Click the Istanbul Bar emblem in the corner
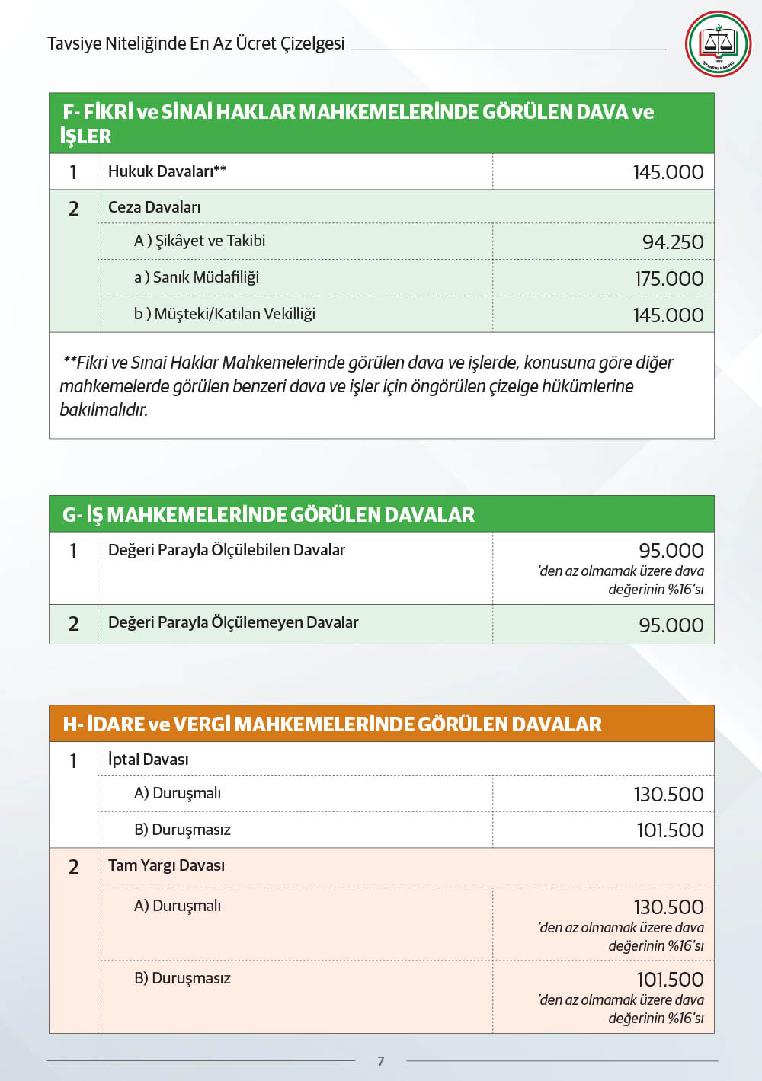pyautogui.click(x=718, y=43)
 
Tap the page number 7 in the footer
pyautogui.click(x=381, y=1061)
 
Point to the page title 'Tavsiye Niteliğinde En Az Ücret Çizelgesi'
pyautogui.click(x=196, y=43)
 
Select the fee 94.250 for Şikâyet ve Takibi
pyautogui.click(x=673, y=242)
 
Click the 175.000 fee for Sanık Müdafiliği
pyautogui.click(x=668, y=279)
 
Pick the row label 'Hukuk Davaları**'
pyautogui.click(x=167, y=171)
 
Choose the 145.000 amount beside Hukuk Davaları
pyautogui.click(x=668, y=172)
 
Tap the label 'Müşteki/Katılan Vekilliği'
pyautogui.click(x=235, y=314)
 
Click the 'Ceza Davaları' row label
pyautogui.click(x=155, y=207)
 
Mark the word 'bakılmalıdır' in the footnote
pyautogui.click(x=104, y=410)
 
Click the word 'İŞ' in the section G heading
pyautogui.click(x=94, y=515)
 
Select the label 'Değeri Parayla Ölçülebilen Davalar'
pyautogui.click(x=226, y=550)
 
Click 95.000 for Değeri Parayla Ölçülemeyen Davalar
pyautogui.click(x=671, y=625)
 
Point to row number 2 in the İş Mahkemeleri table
pyautogui.click(x=74, y=624)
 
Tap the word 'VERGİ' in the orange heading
pyautogui.click(x=202, y=724)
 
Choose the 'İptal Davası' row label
pyautogui.click(x=149, y=760)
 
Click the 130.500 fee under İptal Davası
pyautogui.click(x=668, y=795)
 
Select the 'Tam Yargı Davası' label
pyautogui.click(x=166, y=865)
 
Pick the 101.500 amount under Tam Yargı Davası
pyautogui.click(x=670, y=980)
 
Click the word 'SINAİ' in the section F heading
pyautogui.click(x=187, y=112)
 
